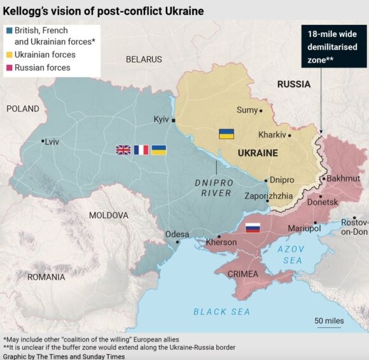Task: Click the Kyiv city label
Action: [162, 119]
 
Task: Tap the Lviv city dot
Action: [43, 141]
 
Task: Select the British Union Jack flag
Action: [123, 150]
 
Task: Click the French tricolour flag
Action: [141, 150]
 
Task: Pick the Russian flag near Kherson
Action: [253, 226]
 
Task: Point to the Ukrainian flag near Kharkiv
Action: [226, 134]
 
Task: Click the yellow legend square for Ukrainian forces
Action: [8, 55]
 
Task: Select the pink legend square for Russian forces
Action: [8, 68]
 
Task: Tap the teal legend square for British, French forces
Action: [8, 31]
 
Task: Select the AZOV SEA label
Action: [292, 254]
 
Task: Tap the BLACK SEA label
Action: [221, 312]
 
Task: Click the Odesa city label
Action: [177, 234]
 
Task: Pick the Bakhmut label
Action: [344, 179]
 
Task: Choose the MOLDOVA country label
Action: [109, 215]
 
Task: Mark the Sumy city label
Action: [247, 110]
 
